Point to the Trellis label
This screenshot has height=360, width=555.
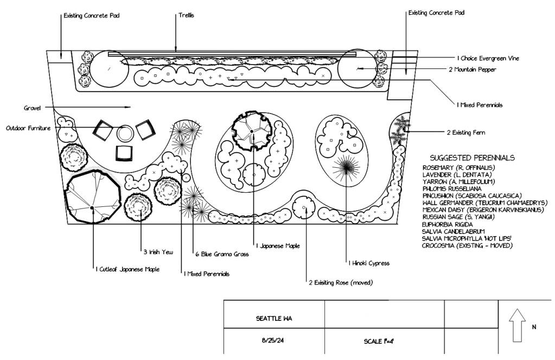tap(186, 16)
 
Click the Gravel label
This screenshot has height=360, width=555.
tap(33, 107)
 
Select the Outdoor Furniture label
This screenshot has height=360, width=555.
tap(28, 128)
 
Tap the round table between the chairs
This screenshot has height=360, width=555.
tap(125, 133)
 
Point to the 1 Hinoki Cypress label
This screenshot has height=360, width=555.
tap(369, 263)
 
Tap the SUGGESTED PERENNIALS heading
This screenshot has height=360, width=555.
tap(472, 158)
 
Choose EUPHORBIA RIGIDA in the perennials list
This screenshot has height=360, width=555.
tap(446, 224)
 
